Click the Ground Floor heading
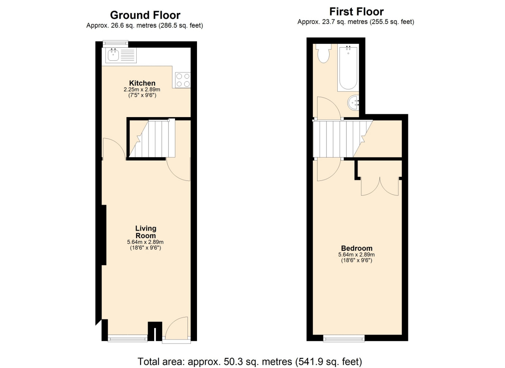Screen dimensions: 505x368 pyautogui.click(x=145, y=15)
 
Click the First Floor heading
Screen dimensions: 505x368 pyautogui.click(x=356, y=12)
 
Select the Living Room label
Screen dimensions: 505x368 pyautogui.click(x=146, y=232)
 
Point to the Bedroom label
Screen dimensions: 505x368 pyautogui.click(x=357, y=248)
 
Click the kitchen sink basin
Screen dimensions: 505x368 pyautogui.click(x=113, y=55)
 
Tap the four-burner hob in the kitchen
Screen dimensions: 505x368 pyautogui.click(x=183, y=80)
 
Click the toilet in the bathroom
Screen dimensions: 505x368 pyautogui.click(x=323, y=53)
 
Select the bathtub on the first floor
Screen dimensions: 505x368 pyautogui.click(x=348, y=68)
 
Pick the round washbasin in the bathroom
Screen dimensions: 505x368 pyautogui.click(x=354, y=103)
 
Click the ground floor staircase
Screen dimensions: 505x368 pyautogui.click(x=152, y=138)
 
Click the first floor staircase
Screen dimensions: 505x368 pyautogui.click(x=343, y=139)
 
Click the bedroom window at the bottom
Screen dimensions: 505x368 pyautogui.click(x=344, y=338)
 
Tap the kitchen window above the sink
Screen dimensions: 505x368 pyautogui.click(x=115, y=44)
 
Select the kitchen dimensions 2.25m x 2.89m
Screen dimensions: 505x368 pyautogui.click(x=142, y=90)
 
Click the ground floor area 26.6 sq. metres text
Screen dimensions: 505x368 pyautogui.click(x=134, y=26)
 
